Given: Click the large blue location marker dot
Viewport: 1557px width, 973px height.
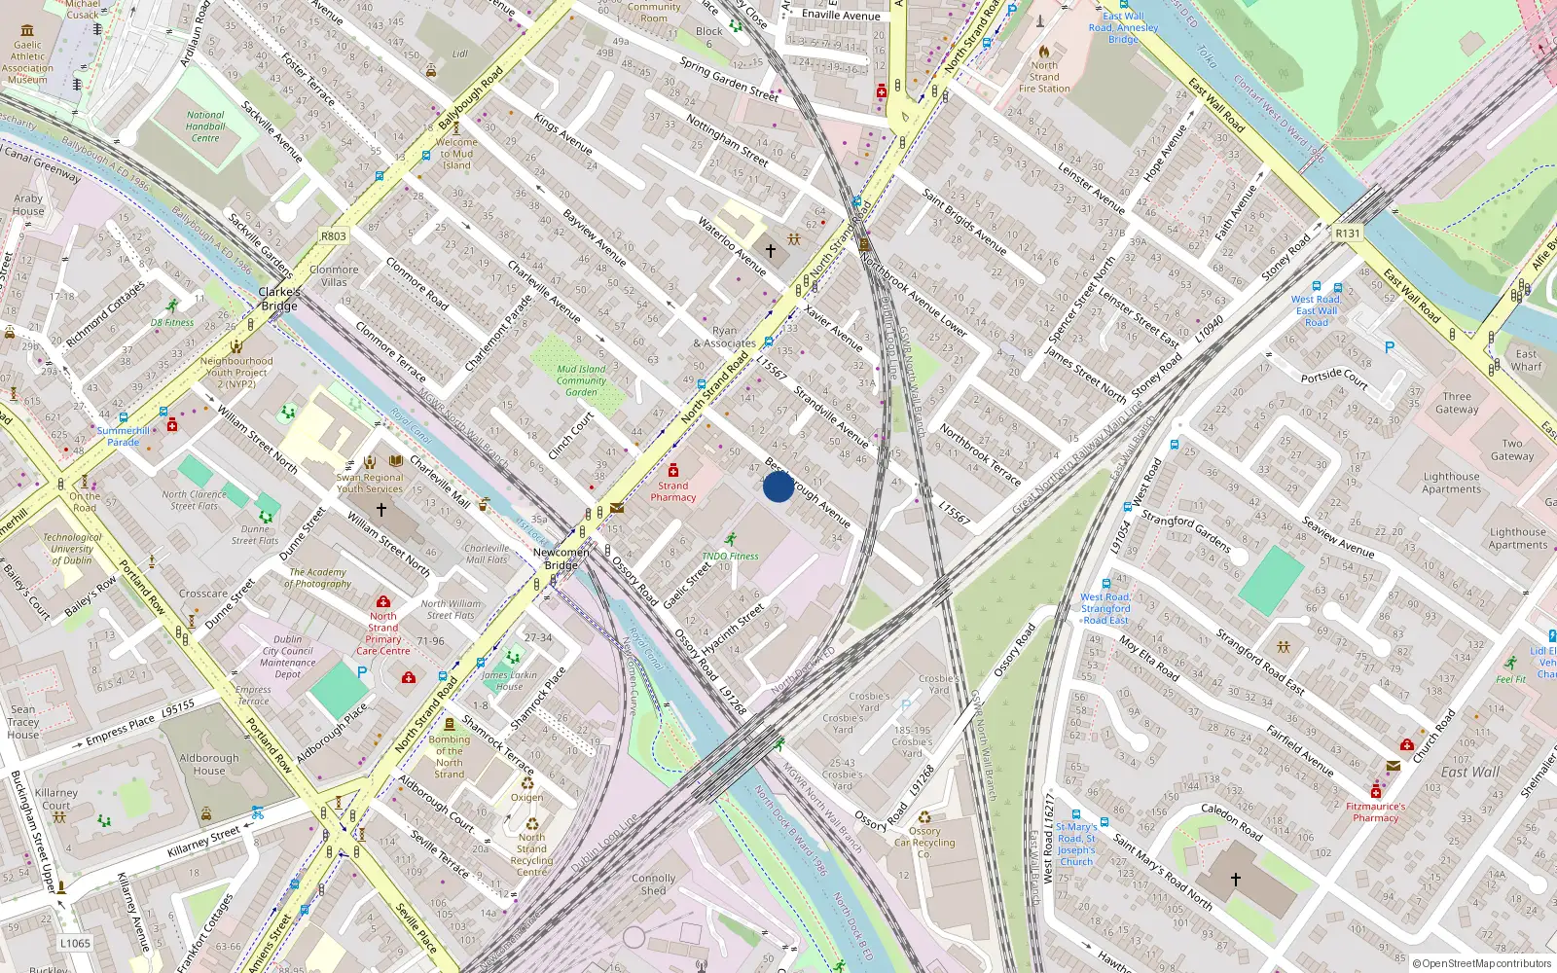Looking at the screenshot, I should pyautogui.click(x=778, y=486).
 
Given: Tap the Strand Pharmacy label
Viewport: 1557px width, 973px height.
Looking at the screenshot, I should pyautogui.click(x=672, y=491).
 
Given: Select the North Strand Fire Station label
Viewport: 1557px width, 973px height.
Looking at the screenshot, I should pyautogui.click(x=1044, y=77).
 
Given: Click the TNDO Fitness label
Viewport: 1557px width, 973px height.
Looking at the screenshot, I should pyautogui.click(x=730, y=557).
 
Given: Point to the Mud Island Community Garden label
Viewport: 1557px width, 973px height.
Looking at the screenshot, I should pyautogui.click(x=581, y=380).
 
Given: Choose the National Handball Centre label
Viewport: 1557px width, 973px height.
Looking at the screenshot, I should pyautogui.click(x=205, y=126).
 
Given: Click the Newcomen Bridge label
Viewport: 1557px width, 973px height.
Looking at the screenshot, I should pyautogui.click(x=561, y=559).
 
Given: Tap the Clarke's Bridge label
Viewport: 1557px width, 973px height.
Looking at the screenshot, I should pyautogui.click(x=279, y=299).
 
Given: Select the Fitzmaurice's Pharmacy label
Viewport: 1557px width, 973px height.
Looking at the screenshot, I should pyautogui.click(x=1375, y=811).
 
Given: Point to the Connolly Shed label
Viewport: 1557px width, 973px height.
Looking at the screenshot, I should pyautogui.click(x=653, y=883).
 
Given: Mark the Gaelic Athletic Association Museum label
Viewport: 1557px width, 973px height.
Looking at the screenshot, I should pyautogui.click(x=27, y=62).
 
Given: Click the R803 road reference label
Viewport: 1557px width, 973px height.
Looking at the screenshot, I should pyautogui.click(x=333, y=236).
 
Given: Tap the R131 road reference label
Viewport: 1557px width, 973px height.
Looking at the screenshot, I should pyautogui.click(x=1347, y=234).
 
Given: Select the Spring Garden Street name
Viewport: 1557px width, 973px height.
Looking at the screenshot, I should pyautogui.click(x=729, y=80).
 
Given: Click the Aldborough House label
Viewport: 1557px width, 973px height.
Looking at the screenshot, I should pyautogui.click(x=208, y=764).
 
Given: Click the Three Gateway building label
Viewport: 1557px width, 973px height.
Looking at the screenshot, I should pyautogui.click(x=1457, y=403).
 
